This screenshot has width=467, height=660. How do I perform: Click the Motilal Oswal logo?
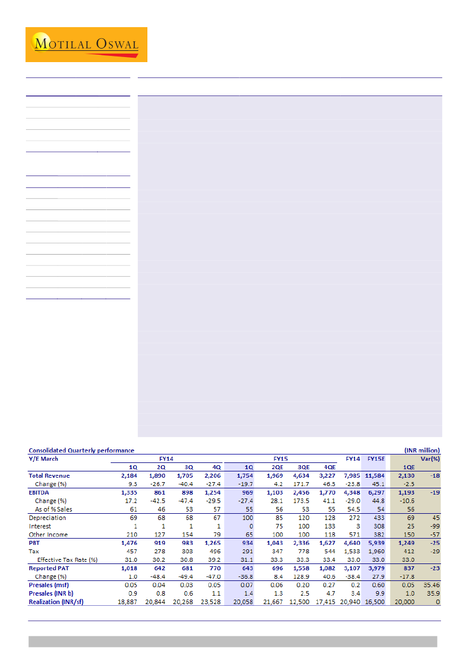pos(86,44)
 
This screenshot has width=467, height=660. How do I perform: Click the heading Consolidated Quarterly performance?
pos(81,451)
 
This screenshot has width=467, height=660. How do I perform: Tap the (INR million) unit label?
pos(421,451)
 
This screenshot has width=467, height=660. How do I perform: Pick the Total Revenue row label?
pos(50,475)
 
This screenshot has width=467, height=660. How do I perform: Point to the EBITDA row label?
pos(40,492)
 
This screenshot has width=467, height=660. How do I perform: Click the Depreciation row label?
pos(47,518)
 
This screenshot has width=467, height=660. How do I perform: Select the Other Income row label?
pos(49,535)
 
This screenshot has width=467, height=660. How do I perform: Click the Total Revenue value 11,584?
pos(375,475)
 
